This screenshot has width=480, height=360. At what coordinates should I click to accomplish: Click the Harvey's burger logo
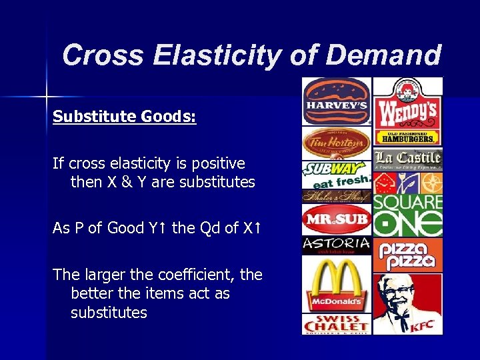pyautogui.click(x=336, y=101)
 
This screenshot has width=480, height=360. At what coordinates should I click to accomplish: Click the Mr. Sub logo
pyautogui.click(x=336, y=219)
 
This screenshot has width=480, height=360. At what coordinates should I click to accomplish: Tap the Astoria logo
pyautogui.click(x=336, y=245)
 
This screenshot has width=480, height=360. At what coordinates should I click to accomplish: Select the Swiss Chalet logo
pyautogui.click(x=336, y=324)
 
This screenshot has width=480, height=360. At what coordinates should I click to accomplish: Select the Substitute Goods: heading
pyautogui.click(x=125, y=117)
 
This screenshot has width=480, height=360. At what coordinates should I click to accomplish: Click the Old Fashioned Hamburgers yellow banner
pyautogui.click(x=407, y=138)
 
